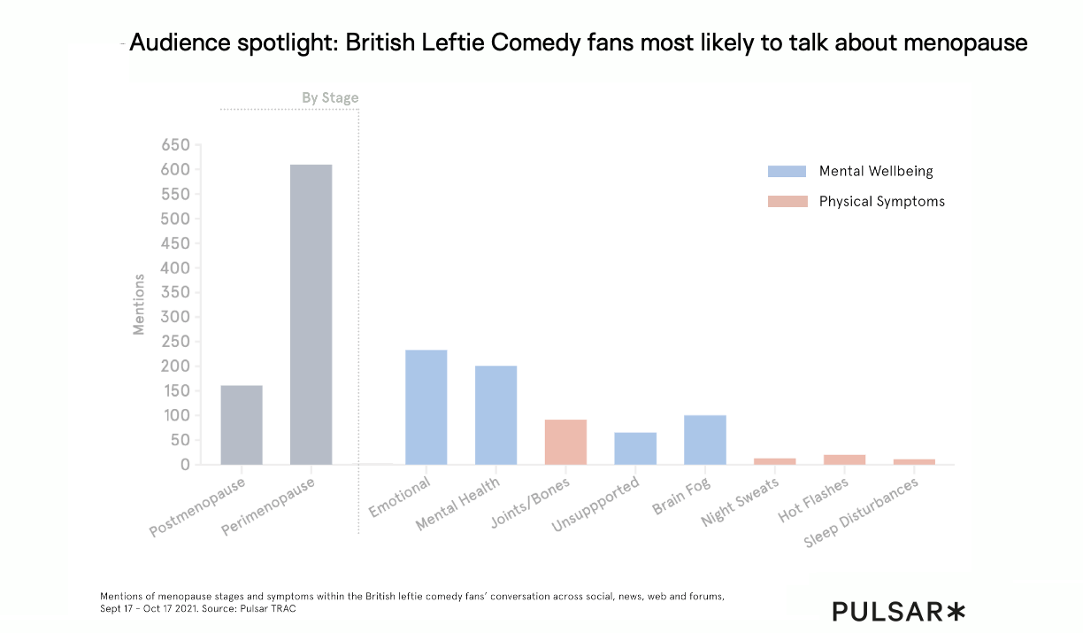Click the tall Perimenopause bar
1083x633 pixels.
(x=311, y=314)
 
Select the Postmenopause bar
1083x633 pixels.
(x=242, y=425)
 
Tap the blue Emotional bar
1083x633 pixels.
(x=426, y=407)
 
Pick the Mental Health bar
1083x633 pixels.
(x=495, y=415)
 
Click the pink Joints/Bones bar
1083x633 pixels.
(x=565, y=442)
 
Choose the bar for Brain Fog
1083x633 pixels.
(x=705, y=440)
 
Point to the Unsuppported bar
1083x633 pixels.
(x=635, y=448)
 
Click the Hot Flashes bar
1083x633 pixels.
(x=844, y=459)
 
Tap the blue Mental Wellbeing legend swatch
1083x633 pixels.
(x=787, y=171)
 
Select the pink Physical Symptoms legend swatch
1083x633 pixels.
(x=787, y=201)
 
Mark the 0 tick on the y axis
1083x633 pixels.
(x=185, y=464)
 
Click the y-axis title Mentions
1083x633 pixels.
(x=139, y=305)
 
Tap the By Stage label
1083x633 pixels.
(x=330, y=97)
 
